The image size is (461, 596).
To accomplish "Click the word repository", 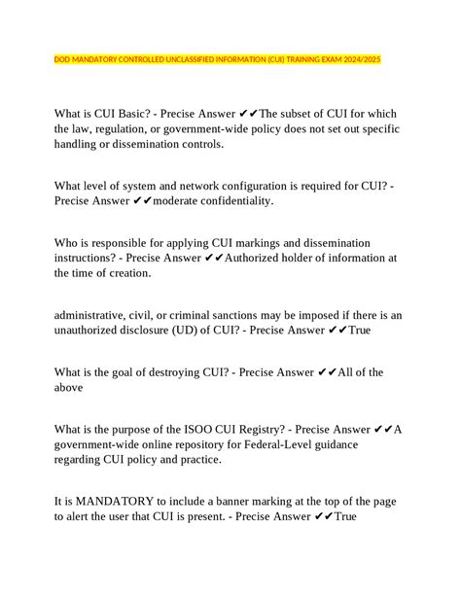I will pos(241,444).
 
